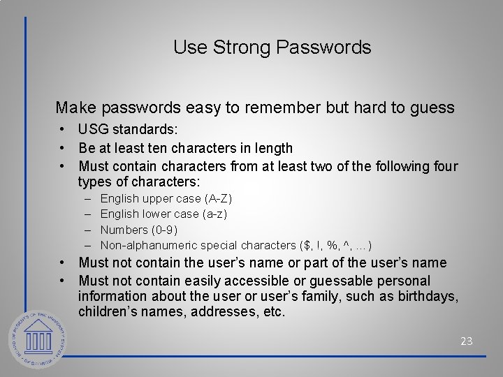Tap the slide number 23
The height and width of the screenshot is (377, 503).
(x=467, y=341)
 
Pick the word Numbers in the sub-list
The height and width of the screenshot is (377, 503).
(x=123, y=230)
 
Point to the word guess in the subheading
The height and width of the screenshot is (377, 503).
(x=436, y=108)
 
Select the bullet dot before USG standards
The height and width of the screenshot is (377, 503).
(x=63, y=130)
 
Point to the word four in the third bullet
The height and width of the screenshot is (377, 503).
(x=445, y=166)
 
